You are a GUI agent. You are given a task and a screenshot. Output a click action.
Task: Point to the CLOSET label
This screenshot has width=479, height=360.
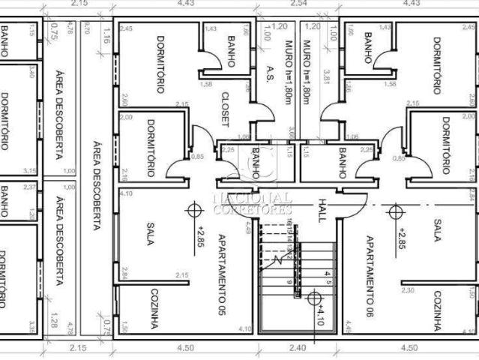(x=225, y=110)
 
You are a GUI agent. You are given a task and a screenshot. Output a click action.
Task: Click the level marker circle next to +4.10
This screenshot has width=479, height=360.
(x=313, y=298)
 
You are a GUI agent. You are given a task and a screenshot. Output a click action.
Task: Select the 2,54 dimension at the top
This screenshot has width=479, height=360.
(x=298, y=4)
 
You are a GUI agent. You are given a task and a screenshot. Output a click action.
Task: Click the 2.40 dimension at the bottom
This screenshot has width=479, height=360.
(x=298, y=348)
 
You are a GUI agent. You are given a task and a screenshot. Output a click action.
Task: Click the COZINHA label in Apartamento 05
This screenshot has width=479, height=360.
(x=154, y=308)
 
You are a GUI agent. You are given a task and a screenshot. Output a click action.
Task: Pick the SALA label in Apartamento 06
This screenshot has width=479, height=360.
(x=436, y=229)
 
